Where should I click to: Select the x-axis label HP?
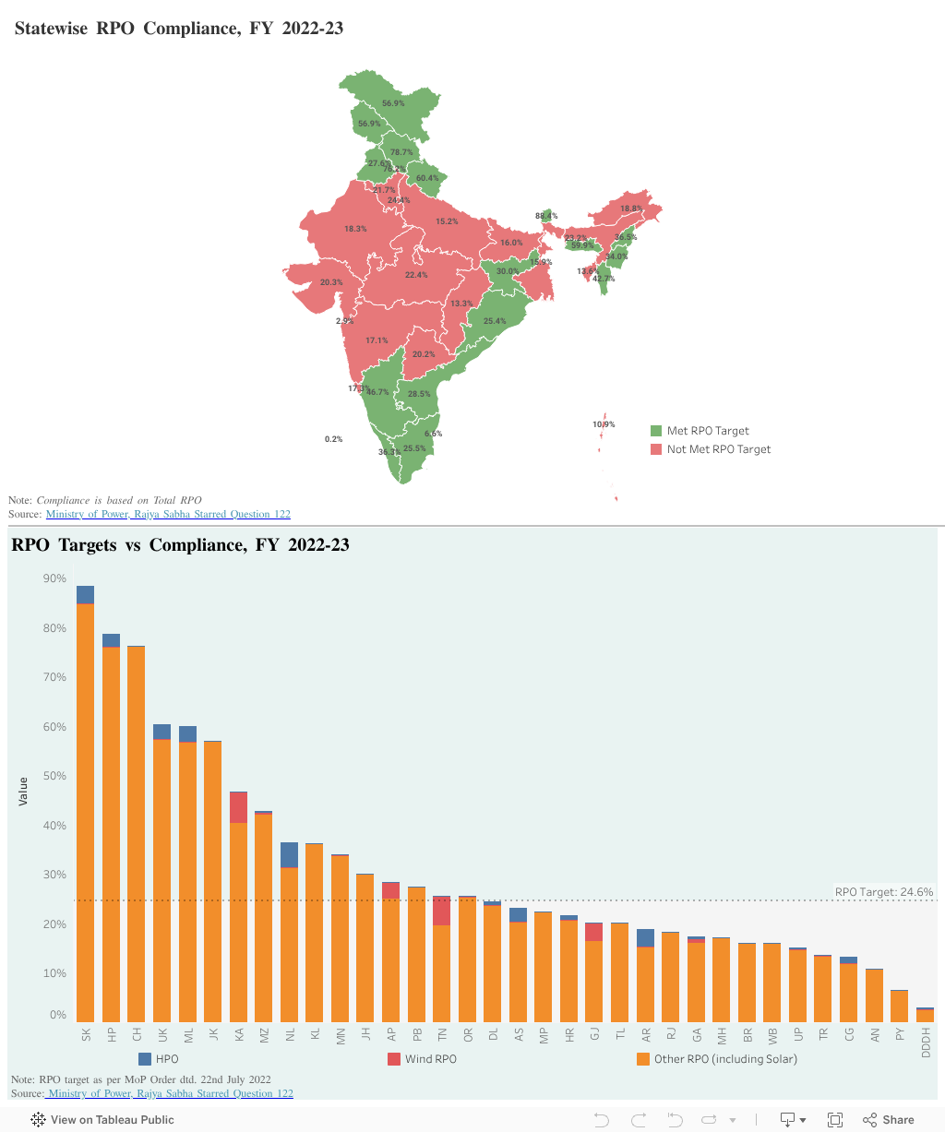(x=111, y=1035)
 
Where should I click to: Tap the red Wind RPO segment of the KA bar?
(x=238, y=807)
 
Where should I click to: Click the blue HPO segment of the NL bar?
(x=289, y=854)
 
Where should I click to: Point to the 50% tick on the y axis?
(x=54, y=776)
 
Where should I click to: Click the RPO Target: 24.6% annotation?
(x=883, y=892)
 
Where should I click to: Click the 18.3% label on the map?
(x=355, y=229)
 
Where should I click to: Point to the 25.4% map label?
(x=494, y=321)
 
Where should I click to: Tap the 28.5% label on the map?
(x=419, y=394)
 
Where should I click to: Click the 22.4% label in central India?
(x=416, y=275)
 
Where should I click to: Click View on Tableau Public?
(x=102, y=1119)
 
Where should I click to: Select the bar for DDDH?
(x=925, y=1015)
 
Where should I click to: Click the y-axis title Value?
(x=23, y=791)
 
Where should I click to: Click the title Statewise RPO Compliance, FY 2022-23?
(x=179, y=29)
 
